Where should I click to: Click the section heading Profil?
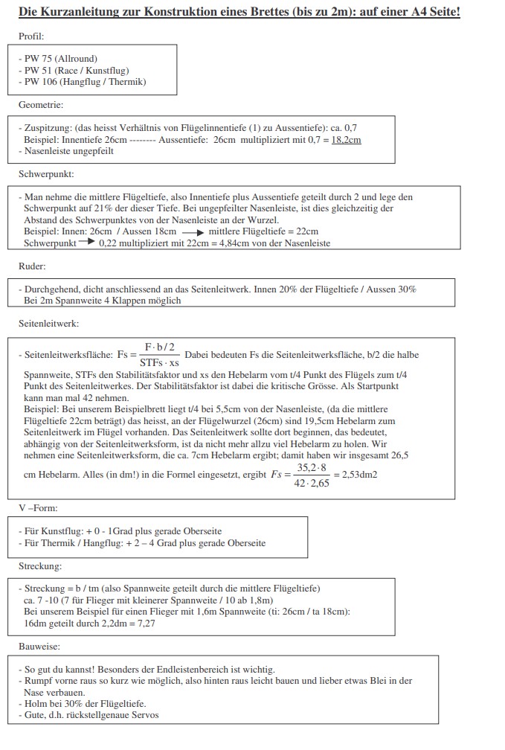[x=32, y=35]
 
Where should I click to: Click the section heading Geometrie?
[x=41, y=105]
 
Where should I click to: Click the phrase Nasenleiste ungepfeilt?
[x=69, y=151]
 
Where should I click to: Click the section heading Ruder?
[x=33, y=266]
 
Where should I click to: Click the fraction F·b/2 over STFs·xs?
[x=158, y=354]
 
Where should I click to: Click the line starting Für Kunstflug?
[x=123, y=531]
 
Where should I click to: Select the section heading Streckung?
[x=41, y=565]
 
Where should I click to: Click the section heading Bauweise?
[x=39, y=647]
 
